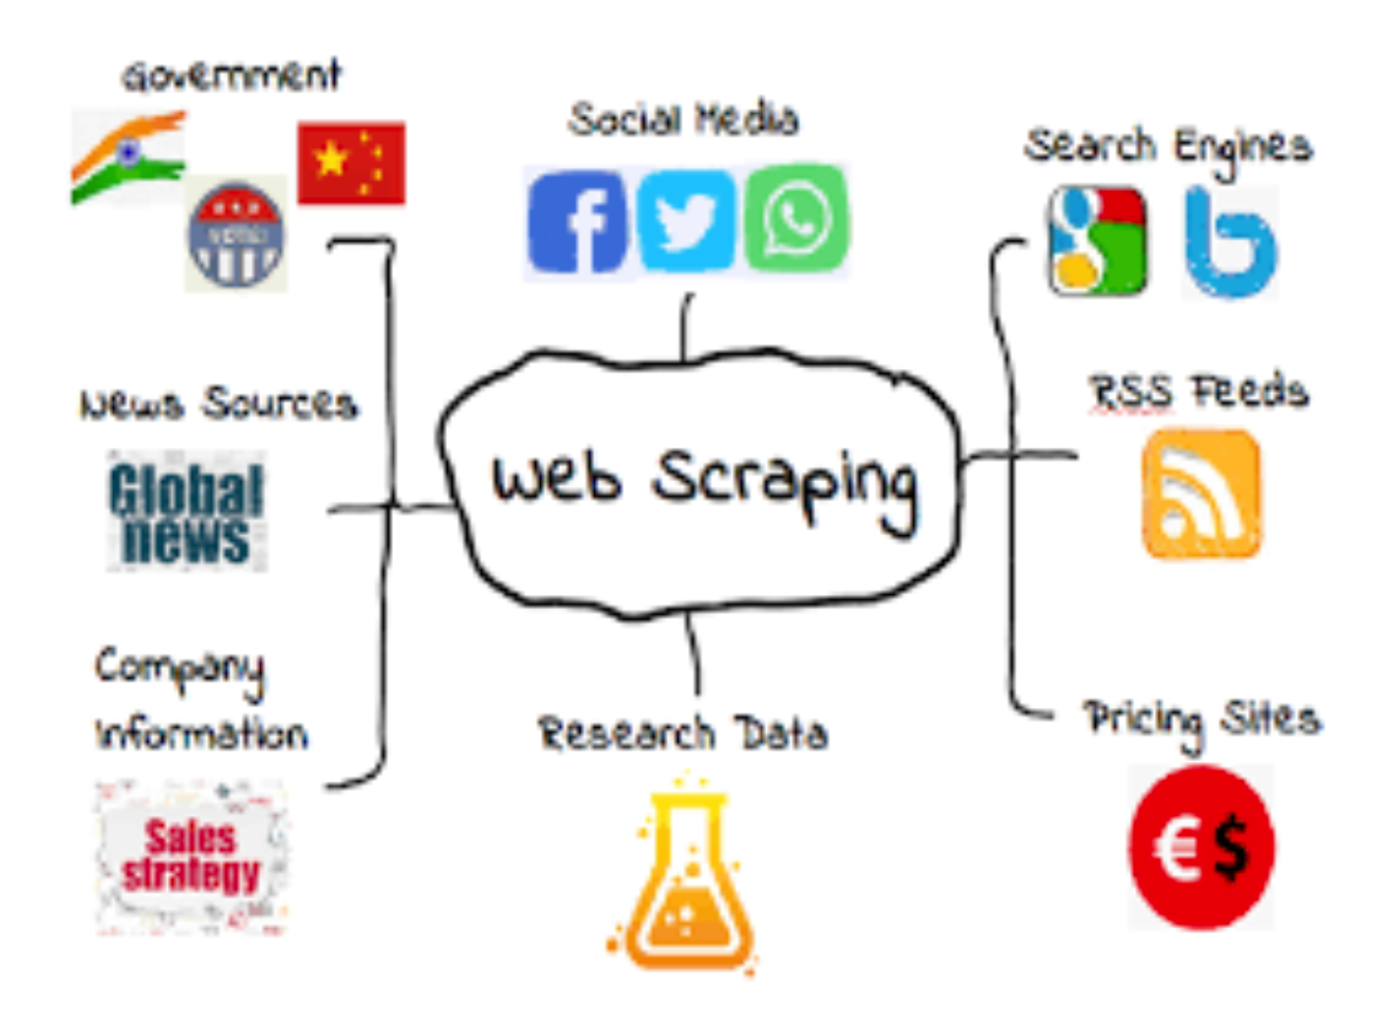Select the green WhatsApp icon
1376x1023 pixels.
[x=796, y=219]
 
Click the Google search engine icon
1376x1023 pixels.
[x=1097, y=241]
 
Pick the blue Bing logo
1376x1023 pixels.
[x=1230, y=243]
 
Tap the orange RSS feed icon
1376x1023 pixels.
[x=1201, y=493]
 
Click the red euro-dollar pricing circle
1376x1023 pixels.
[x=1201, y=847]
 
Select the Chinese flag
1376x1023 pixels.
[x=351, y=162]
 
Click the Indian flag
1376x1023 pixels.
[x=128, y=157]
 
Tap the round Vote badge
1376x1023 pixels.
[x=236, y=233]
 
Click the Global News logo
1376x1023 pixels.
[x=186, y=513]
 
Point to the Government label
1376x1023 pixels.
[x=231, y=76]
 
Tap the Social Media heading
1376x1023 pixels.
[x=683, y=120]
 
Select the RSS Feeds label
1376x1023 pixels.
[x=1199, y=392]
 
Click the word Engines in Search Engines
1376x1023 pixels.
[x=1242, y=148]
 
